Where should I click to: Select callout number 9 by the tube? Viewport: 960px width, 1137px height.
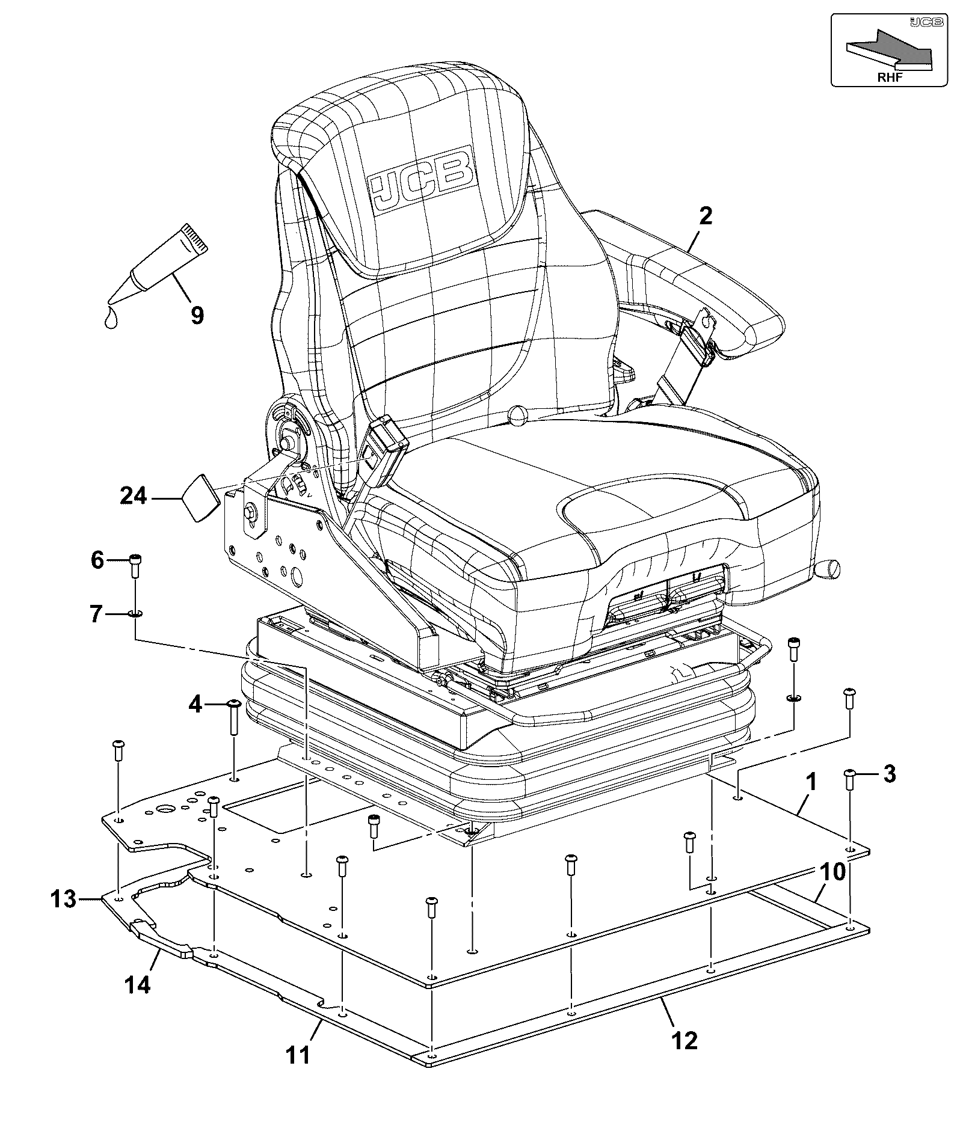[197, 314]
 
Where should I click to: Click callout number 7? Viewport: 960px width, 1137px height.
[97, 615]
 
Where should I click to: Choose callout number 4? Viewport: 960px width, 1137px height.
[195, 703]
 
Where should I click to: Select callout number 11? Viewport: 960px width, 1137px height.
[298, 1053]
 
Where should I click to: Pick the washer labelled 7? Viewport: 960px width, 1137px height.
[135, 614]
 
